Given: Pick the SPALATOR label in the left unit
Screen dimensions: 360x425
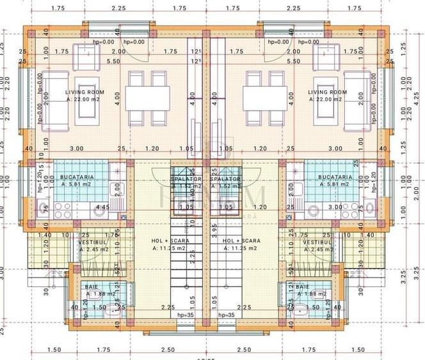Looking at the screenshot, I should pyautogui.click(x=186, y=180).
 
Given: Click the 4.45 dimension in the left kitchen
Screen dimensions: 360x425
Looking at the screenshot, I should pyautogui.click(x=101, y=207).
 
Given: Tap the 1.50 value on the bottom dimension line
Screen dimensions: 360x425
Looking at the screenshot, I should pyautogui.click(x=54, y=350).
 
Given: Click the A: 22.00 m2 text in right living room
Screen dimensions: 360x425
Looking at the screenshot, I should pyautogui.click(x=329, y=100).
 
